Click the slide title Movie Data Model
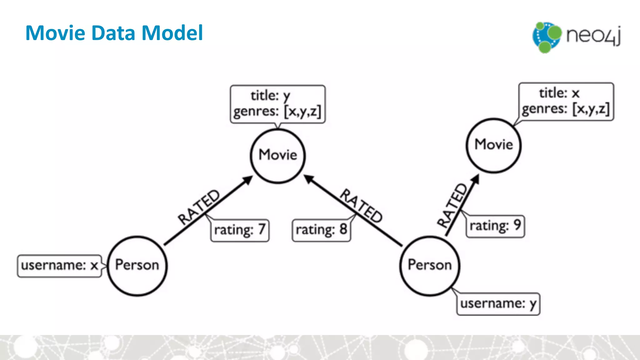coord(114,33)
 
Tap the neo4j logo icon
coord(547,37)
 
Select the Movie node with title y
coord(278,156)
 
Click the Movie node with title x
coord(494,145)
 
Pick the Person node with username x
coord(137,266)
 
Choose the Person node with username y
coord(430,266)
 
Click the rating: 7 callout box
coord(240,230)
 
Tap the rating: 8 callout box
coord(321,230)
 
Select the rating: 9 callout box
coord(495,226)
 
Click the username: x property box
coord(59,266)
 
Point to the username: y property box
coord(498,304)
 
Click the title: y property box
coord(277,104)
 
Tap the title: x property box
coord(566,102)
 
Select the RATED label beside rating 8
coord(361,206)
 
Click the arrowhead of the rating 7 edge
coord(249,179)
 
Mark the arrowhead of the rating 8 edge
coord(308,179)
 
